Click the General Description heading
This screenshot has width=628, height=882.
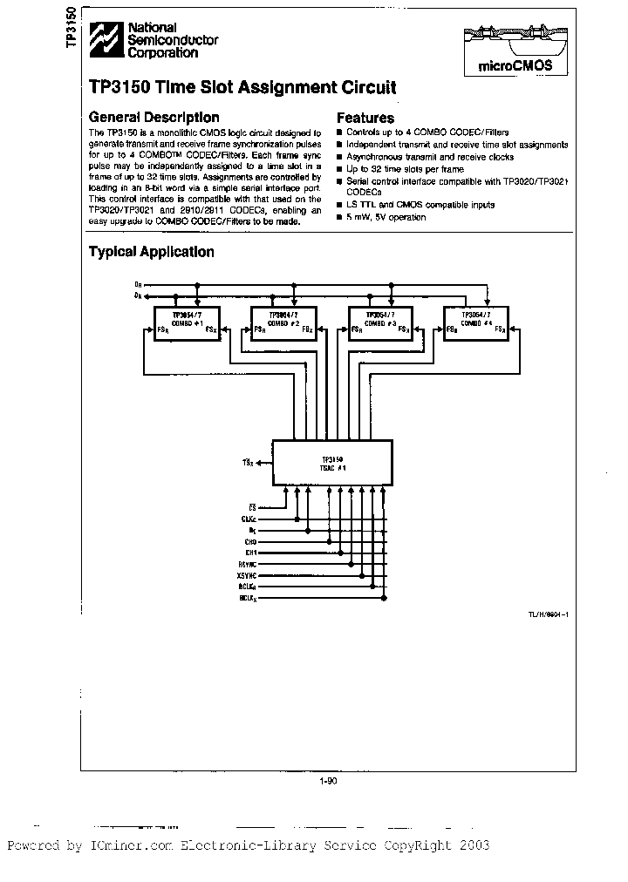(154, 117)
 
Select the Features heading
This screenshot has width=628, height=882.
(365, 118)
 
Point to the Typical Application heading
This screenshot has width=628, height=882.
(152, 252)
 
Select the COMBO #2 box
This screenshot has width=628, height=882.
(283, 324)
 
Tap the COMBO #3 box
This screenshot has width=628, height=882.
(380, 324)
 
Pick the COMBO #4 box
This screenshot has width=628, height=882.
(476, 324)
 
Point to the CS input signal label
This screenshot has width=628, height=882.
(252, 505)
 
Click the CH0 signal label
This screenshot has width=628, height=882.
(250, 541)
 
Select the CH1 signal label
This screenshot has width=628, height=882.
(250, 553)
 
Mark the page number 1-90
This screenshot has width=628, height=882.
(329, 781)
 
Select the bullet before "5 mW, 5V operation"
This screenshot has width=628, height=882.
(340, 217)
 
